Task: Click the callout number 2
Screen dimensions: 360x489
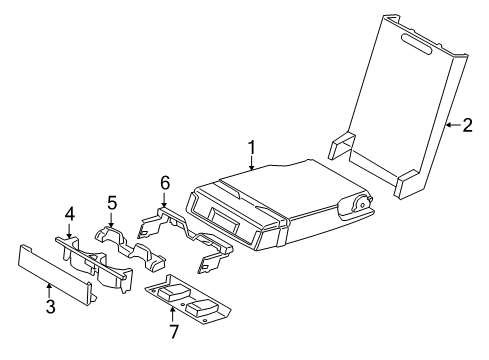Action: coord(468,125)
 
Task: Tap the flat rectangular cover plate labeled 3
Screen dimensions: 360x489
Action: coord(55,274)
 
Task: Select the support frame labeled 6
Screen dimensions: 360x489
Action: coord(190,235)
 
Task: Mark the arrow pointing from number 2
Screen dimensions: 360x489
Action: coord(452,125)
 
